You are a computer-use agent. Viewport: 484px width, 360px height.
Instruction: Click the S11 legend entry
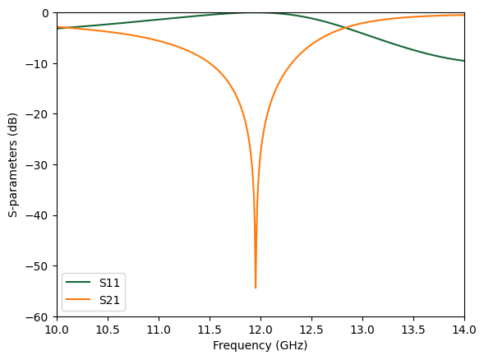tap(109, 283)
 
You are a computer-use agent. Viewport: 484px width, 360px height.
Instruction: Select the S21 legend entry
tap(109, 300)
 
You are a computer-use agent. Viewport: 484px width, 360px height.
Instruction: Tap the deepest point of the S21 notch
tap(256, 288)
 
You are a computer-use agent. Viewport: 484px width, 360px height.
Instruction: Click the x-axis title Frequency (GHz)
tap(260, 346)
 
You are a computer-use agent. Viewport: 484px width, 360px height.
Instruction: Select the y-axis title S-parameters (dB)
tap(13, 164)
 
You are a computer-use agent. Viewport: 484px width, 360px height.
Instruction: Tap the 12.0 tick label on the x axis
tap(260, 330)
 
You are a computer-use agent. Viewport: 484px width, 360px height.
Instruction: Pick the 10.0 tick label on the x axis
tap(57, 330)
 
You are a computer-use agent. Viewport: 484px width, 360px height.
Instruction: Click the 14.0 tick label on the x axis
tap(464, 330)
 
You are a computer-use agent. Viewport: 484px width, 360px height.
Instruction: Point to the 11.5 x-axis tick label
tap(210, 330)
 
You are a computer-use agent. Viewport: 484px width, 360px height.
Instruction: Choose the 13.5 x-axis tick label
tap(413, 330)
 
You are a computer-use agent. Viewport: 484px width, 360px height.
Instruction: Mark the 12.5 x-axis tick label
tap(311, 330)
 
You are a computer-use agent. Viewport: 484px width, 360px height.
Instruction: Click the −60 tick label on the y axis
tap(39, 316)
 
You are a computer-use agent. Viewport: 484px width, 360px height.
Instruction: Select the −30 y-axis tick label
tap(39, 164)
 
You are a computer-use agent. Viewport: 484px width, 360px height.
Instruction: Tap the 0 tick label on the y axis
tap(46, 12)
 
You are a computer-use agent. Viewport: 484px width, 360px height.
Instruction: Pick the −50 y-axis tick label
tap(39, 265)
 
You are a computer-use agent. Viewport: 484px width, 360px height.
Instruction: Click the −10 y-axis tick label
tap(39, 63)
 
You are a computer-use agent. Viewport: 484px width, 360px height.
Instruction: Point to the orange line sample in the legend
tap(80, 300)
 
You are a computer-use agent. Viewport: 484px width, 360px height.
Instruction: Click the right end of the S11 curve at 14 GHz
tap(463, 61)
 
